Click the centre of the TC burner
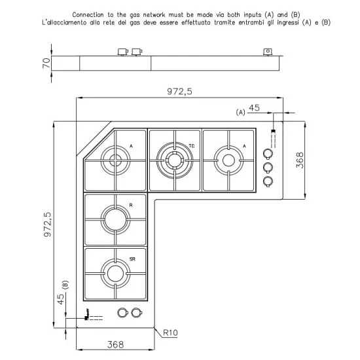(x=174, y=159)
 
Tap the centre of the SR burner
(x=115, y=273)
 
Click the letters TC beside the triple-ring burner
(x=191, y=145)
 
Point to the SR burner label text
(x=132, y=260)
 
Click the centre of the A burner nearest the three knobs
(x=228, y=159)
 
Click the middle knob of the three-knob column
(x=268, y=168)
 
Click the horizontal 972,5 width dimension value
(x=179, y=92)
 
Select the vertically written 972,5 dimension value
(x=48, y=224)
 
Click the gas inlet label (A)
(x=241, y=113)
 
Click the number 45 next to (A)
(x=254, y=109)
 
